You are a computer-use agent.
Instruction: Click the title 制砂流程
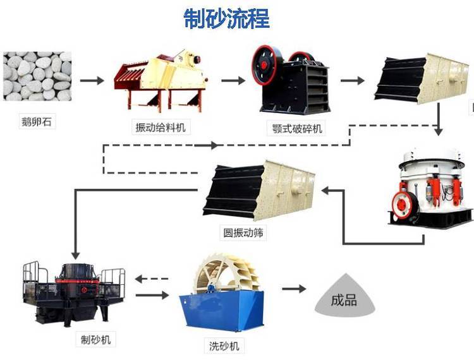(x=227, y=18)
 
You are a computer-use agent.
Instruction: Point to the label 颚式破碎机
(x=295, y=129)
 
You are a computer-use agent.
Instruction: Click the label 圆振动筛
(x=243, y=233)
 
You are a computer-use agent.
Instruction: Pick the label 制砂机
(x=96, y=340)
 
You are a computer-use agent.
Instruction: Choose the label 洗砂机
(x=224, y=345)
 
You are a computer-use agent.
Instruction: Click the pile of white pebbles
(x=37, y=76)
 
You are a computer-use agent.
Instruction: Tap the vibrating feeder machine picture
(x=161, y=79)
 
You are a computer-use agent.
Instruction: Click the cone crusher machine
(x=431, y=189)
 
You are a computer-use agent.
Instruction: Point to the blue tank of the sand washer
(x=218, y=313)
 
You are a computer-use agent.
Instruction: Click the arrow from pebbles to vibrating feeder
(x=92, y=80)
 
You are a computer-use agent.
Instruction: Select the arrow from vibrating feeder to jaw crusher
(x=233, y=80)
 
